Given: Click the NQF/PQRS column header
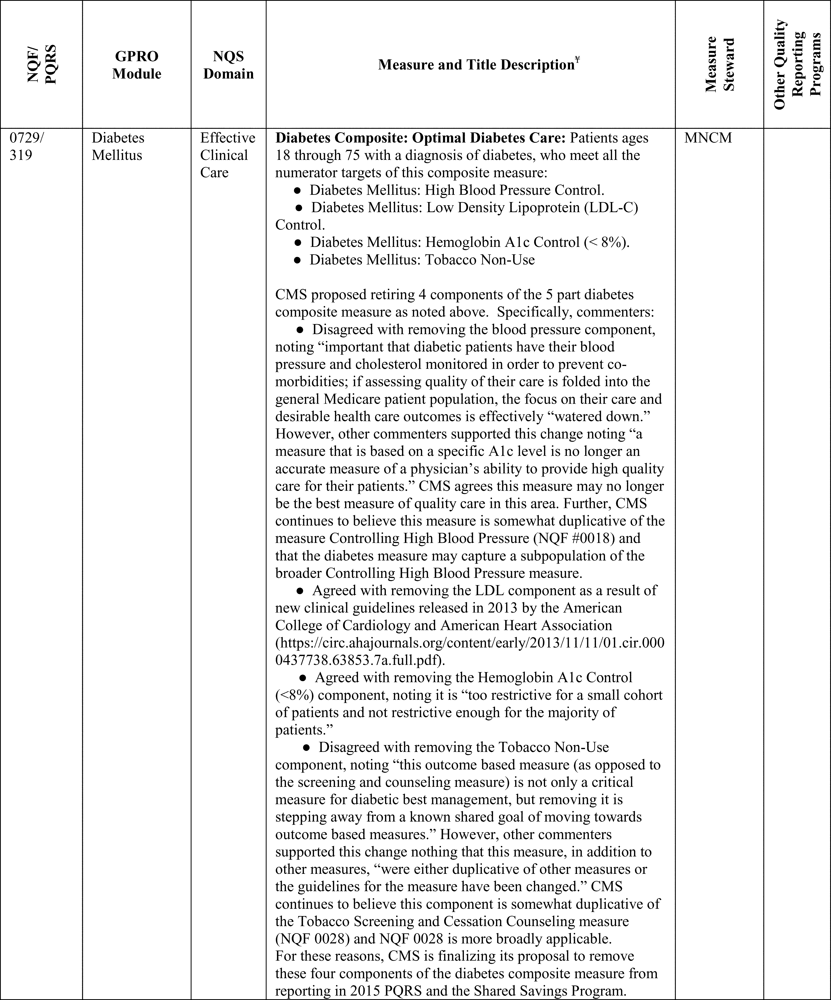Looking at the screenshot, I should click(42, 64).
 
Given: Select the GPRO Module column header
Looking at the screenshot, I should click(137, 65).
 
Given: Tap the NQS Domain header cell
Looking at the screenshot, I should click(228, 65).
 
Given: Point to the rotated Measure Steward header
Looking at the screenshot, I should click(720, 64).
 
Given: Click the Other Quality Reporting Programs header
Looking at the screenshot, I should click(797, 64).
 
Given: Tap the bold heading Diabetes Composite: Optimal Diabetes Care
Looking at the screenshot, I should click(420, 138).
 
